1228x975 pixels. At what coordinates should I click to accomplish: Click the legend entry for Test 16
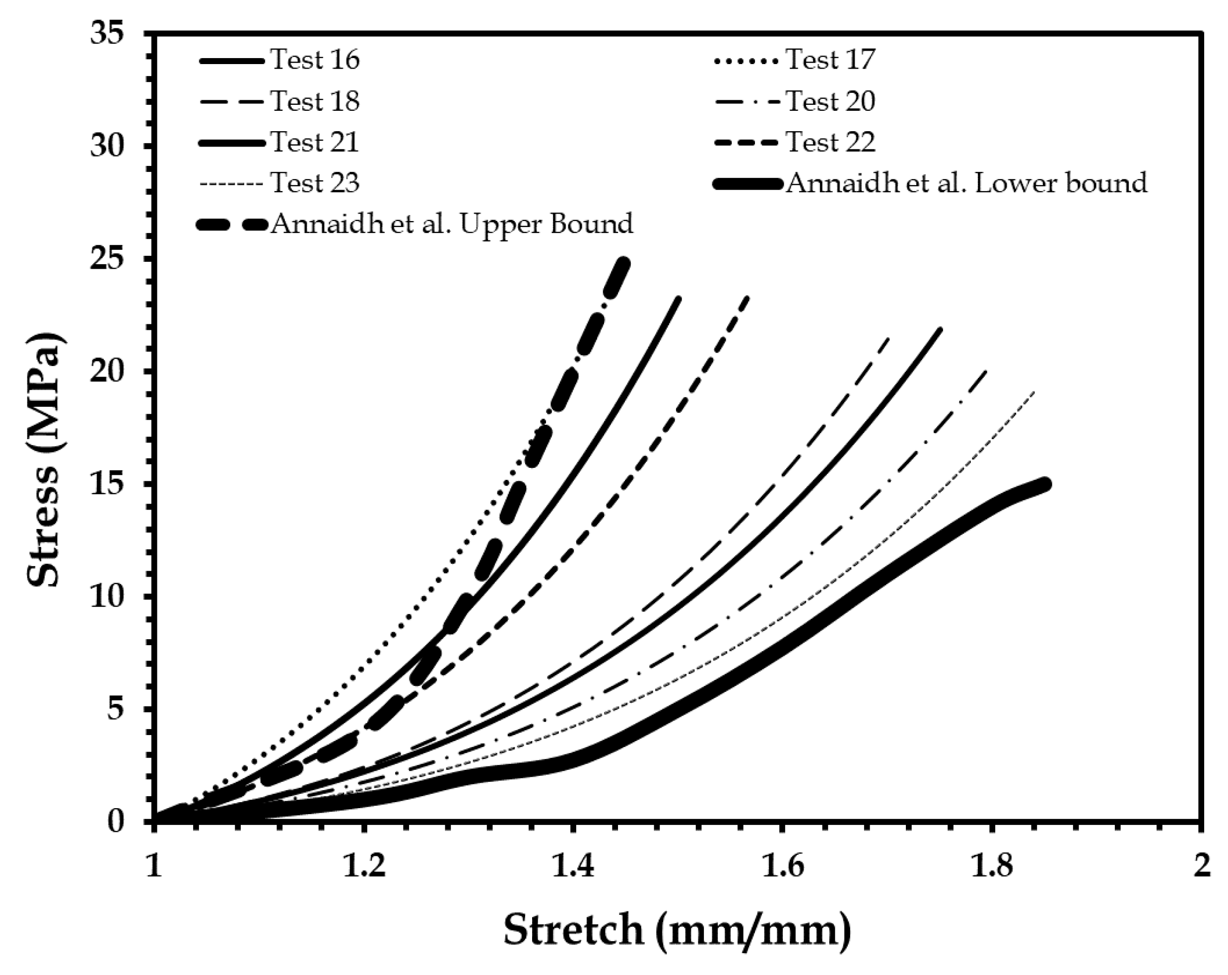click(x=314, y=60)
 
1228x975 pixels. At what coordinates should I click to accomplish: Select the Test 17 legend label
click(x=830, y=60)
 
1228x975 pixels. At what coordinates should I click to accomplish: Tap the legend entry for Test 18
click(x=314, y=101)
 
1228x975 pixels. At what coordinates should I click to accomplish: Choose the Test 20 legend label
click(x=830, y=101)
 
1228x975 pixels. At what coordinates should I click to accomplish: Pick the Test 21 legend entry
click(x=314, y=143)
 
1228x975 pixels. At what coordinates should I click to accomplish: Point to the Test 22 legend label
click(x=830, y=143)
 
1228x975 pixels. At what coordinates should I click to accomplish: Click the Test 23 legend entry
click(x=314, y=183)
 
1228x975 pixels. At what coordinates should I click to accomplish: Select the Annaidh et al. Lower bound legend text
click(x=966, y=183)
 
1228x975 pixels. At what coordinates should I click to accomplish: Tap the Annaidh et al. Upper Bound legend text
click(x=452, y=225)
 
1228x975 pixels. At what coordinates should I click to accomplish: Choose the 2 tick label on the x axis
click(x=1202, y=867)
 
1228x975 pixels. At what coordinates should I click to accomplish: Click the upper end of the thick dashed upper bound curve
click(x=624, y=263)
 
